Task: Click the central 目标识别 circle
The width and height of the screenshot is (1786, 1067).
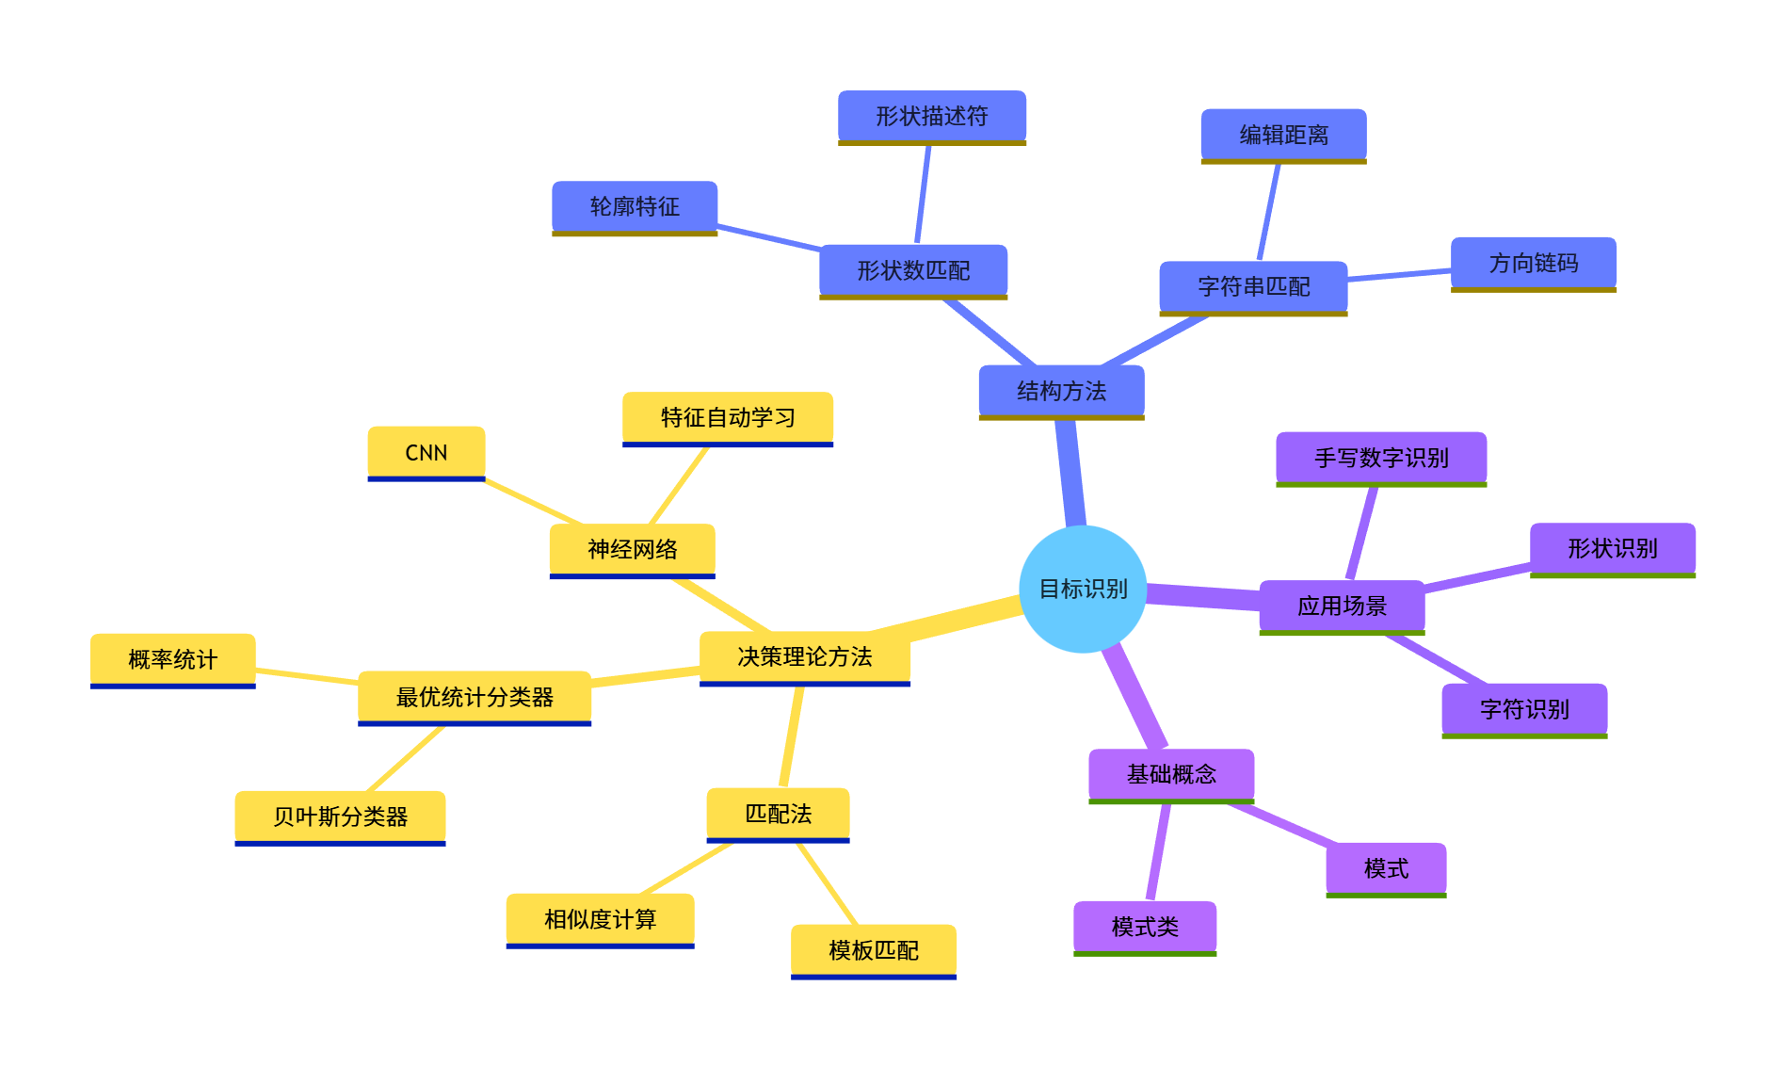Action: (x=1083, y=589)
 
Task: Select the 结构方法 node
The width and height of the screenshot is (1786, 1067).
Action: (x=1061, y=391)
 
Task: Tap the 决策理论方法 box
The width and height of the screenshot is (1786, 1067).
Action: (x=804, y=656)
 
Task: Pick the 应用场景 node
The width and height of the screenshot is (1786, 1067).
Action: (x=1342, y=606)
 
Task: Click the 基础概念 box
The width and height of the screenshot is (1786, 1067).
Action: (x=1171, y=774)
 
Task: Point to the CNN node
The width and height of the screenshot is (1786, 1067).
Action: (x=426, y=452)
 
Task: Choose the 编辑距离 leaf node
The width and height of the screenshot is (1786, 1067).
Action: (x=1283, y=135)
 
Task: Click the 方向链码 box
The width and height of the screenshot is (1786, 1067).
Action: (x=1533, y=263)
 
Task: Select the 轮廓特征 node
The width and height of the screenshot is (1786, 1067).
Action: (x=634, y=206)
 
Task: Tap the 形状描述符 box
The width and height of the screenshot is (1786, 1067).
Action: (x=931, y=116)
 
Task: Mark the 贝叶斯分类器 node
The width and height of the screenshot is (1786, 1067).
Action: (x=340, y=816)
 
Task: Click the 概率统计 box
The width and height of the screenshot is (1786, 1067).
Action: (x=172, y=659)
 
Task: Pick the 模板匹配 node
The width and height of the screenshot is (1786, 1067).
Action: (x=873, y=950)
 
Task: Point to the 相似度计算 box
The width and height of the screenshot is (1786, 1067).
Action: (x=600, y=919)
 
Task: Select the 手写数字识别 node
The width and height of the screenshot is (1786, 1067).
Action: (x=1381, y=458)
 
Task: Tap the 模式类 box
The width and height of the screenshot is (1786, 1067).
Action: (x=1145, y=927)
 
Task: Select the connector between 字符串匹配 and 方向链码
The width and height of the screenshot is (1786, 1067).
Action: (x=1399, y=275)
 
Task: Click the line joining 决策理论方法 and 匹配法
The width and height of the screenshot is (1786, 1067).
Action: (x=792, y=736)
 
